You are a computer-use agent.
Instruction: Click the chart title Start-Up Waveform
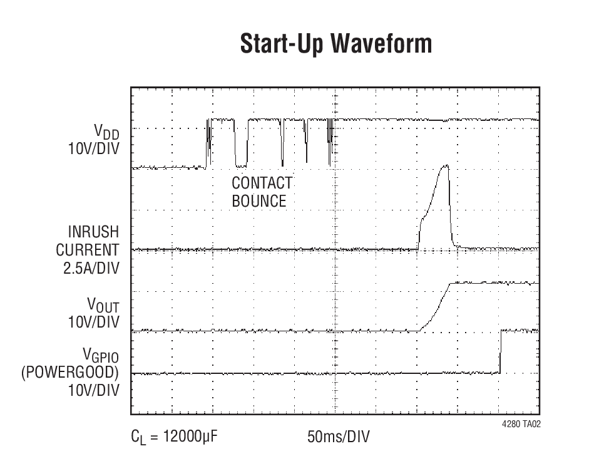(335, 44)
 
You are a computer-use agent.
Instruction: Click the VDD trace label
(106, 132)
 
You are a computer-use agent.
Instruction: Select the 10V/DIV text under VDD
(93, 149)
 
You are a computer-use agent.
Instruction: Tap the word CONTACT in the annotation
(262, 183)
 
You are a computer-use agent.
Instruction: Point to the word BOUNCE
(258, 201)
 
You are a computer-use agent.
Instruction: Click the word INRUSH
(93, 232)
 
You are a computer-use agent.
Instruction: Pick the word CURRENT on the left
(88, 250)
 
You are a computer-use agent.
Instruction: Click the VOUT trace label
(103, 305)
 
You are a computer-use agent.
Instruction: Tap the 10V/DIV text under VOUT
(93, 322)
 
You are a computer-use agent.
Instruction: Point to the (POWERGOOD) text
(70, 373)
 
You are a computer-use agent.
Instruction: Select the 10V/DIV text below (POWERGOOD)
(93, 390)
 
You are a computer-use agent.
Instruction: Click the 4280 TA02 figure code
(521, 424)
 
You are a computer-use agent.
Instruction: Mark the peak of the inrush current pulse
(445, 166)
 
